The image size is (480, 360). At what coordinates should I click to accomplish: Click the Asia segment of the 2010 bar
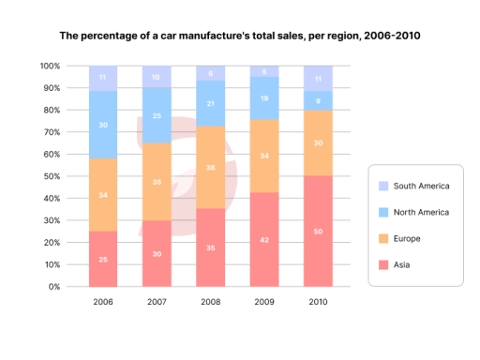318,231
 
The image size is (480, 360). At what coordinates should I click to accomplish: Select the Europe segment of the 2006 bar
103,195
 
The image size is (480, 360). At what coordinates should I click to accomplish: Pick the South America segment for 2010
318,79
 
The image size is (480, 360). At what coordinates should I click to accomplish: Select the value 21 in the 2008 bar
210,103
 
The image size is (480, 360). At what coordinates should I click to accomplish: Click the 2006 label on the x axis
103,303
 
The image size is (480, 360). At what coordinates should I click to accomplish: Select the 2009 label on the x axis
263,303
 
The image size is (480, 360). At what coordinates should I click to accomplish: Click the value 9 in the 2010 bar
318,100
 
